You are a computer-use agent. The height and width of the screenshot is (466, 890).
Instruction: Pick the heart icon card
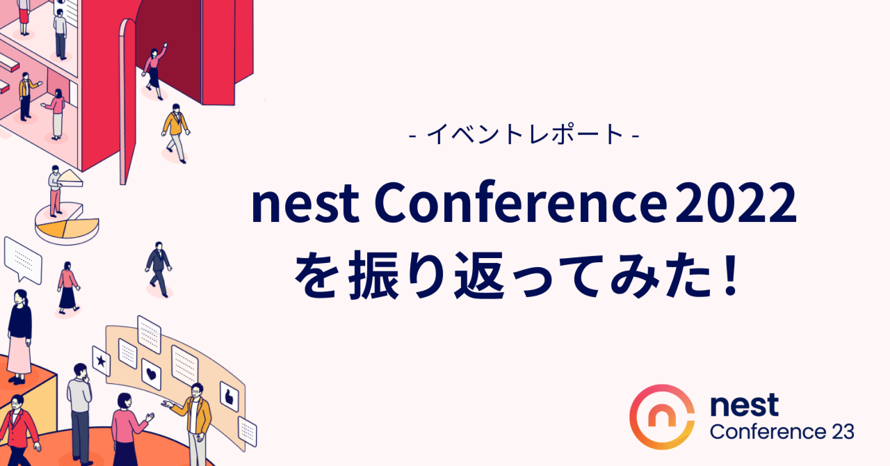click(151, 374)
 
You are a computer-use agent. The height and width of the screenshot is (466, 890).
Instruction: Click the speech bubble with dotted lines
click(22, 258)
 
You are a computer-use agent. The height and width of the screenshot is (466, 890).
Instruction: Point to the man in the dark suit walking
click(158, 268)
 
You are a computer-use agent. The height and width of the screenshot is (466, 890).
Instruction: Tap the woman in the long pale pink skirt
click(19, 334)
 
